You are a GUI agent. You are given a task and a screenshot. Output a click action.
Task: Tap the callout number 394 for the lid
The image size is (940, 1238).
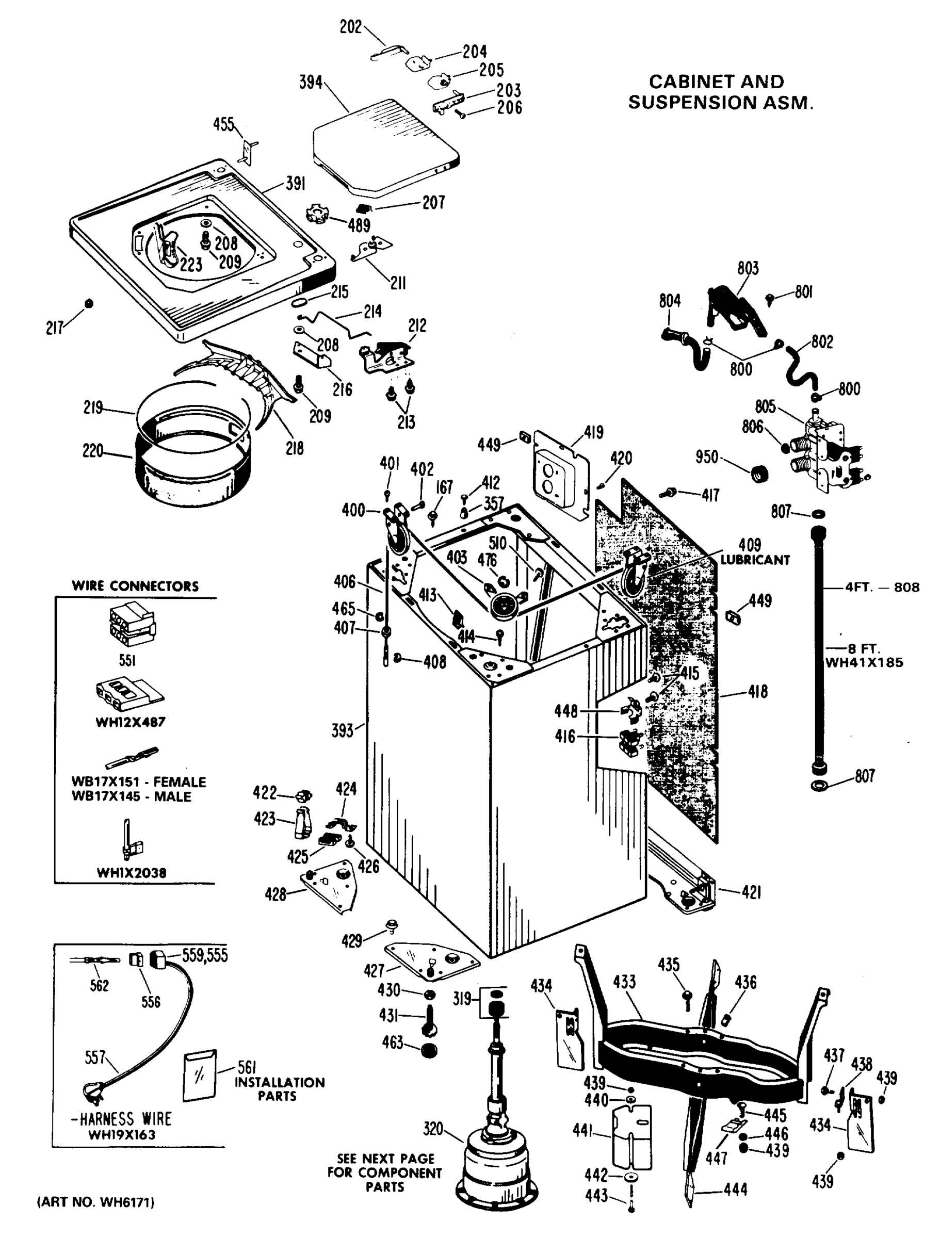311,83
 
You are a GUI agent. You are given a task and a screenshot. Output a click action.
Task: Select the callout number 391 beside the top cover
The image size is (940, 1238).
295,184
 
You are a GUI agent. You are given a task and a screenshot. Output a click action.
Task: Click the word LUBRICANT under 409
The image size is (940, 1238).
755,560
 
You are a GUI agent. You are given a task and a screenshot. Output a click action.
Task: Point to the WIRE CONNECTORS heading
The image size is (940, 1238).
135,586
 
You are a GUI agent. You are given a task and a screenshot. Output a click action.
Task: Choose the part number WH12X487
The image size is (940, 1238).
131,722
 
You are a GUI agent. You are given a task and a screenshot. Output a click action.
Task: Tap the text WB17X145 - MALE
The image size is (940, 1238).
131,796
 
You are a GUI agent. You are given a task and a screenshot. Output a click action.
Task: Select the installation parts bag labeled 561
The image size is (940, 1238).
199,1074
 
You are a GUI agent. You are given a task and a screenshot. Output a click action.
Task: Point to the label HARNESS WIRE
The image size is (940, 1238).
125,1119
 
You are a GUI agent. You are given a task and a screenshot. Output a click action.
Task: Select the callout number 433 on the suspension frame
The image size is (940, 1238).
624,982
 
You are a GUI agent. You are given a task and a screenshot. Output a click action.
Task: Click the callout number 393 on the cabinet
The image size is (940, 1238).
342,730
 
